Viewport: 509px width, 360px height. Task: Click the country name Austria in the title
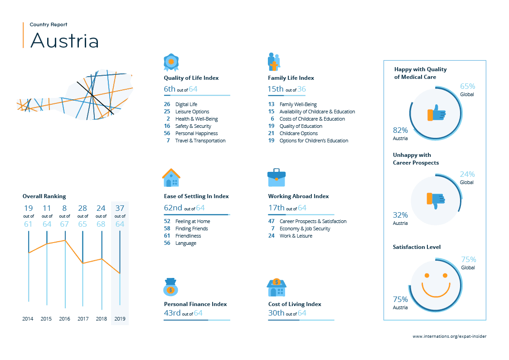point(64,40)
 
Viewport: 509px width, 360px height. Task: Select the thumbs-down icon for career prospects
point(436,200)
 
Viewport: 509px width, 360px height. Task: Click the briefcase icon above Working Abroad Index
point(276,178)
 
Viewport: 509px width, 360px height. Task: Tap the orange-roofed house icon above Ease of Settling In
point(171,178)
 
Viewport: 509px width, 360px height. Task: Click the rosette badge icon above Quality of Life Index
point(171,62)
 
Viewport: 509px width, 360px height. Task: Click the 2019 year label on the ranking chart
point(120,319)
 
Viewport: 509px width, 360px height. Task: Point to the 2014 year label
point(28,319)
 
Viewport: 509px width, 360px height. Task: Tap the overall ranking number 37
point(120,209)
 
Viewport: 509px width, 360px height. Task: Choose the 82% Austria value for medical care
point(400,131)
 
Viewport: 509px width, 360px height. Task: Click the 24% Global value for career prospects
point(467,174)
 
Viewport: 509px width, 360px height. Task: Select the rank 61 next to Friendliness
point(167,236)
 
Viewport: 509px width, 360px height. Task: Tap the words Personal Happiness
point(196,133)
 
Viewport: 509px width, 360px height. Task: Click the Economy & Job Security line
point(305,229)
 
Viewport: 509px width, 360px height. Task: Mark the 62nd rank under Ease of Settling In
point(173,208)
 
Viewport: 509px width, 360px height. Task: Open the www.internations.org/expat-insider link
point(449,336)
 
